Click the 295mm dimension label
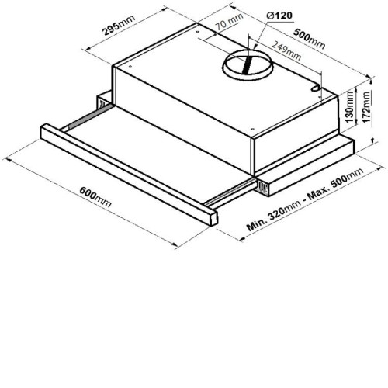click(119, 25)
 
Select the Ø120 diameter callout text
click(279, 16)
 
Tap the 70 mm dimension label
click(230, 21)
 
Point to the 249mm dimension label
click(286, 51)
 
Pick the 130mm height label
click(349, 106)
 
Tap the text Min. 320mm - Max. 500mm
click(305, 199)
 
